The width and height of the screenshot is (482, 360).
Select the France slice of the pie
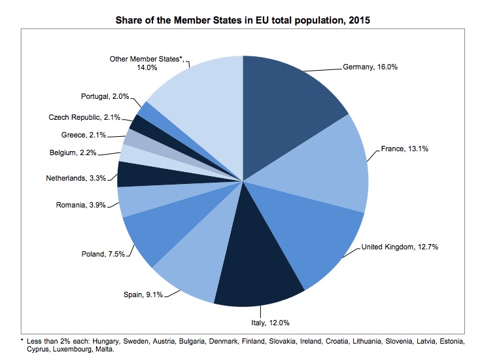click(327, 164)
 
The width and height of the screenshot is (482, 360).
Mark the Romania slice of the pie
click(134, 200)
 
